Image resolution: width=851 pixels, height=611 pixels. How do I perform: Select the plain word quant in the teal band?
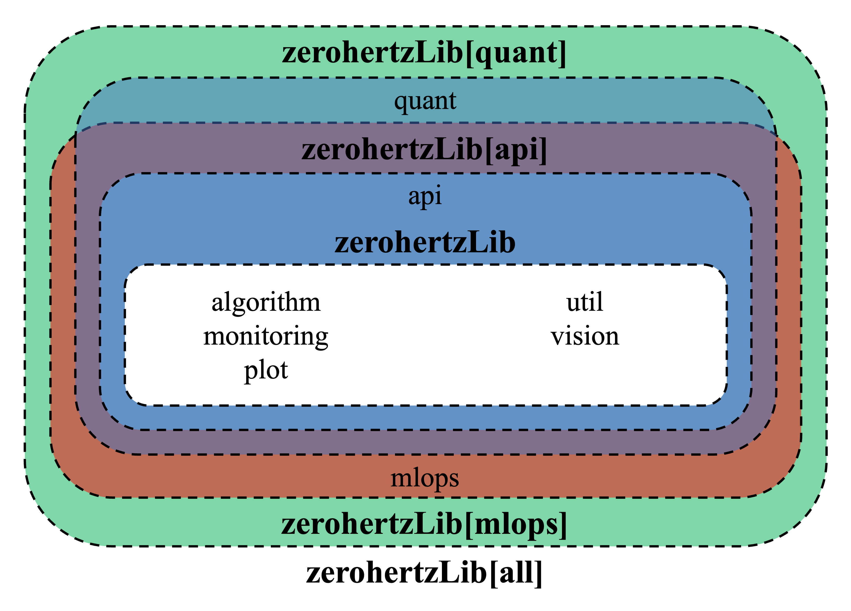click(425, 101)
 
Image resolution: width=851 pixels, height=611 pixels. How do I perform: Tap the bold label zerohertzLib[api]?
click(424, 150)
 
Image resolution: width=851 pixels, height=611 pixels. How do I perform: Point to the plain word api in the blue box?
click(425, 196)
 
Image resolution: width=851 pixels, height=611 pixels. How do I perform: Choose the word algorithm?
click(266, 302)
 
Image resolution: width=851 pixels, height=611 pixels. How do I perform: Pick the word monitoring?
click(266, 336)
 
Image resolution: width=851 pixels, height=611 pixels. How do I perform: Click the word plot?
click(266, 370)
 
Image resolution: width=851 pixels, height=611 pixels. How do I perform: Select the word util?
click(585, 302)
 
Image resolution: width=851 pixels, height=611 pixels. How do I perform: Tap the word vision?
click(585, 336)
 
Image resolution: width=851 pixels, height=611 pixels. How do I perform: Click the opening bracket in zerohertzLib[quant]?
click(469, 54)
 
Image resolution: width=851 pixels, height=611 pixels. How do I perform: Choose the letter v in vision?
click(557, 337)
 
